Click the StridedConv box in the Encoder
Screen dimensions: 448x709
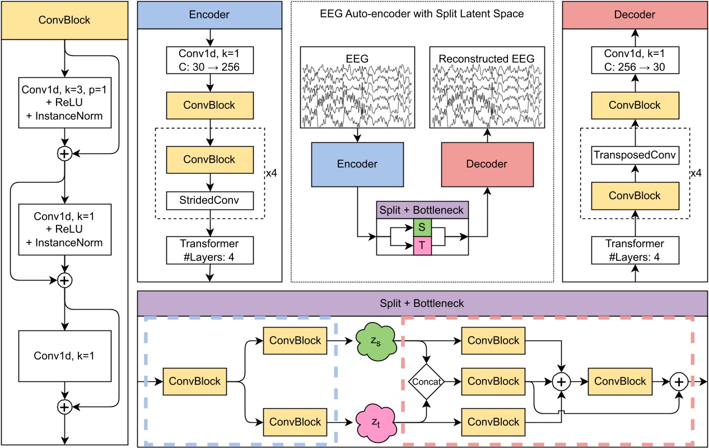(209, 199)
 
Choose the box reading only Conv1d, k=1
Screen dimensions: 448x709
(65, 356)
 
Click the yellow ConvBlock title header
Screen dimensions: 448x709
(65, 20)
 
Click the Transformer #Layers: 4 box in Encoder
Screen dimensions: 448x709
(209, 249)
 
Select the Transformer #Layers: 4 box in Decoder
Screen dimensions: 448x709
(635, 249)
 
